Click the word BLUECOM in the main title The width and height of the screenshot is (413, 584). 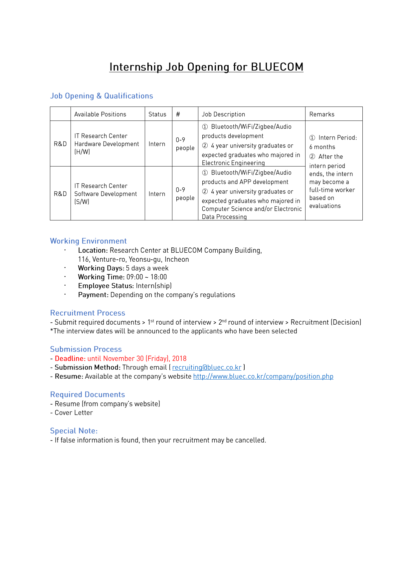coord(277,67)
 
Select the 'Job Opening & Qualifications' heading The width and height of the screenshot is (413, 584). coord(102,96)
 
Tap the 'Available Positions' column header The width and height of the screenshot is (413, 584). coord(100,114)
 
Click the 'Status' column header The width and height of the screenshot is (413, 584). coord(157,114)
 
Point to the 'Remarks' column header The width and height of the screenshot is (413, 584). coord(321,114)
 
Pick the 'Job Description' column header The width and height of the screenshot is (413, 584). coord(223,114)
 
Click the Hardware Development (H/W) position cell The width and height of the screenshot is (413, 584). coord(106,144)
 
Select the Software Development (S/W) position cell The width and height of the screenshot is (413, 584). coord(105,194)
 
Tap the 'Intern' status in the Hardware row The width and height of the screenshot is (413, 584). coord(157,144)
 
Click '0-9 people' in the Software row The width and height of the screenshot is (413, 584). coord(185,194)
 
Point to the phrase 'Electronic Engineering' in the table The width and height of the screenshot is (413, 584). coord(233,163)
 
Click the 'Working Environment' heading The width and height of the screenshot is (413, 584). coord(88,241)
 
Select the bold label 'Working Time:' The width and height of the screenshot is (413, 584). coord(101,277)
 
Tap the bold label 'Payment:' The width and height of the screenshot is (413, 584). coord(93,295)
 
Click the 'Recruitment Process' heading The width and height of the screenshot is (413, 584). coord(88,313)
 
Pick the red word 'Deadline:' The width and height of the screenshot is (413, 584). coord(70,359)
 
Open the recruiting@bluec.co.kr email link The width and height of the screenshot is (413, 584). coord(207,367)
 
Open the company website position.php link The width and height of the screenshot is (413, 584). coord(263,376)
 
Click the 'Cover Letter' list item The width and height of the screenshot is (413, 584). coord(74,413)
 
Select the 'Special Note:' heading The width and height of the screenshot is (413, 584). coord(74,431)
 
